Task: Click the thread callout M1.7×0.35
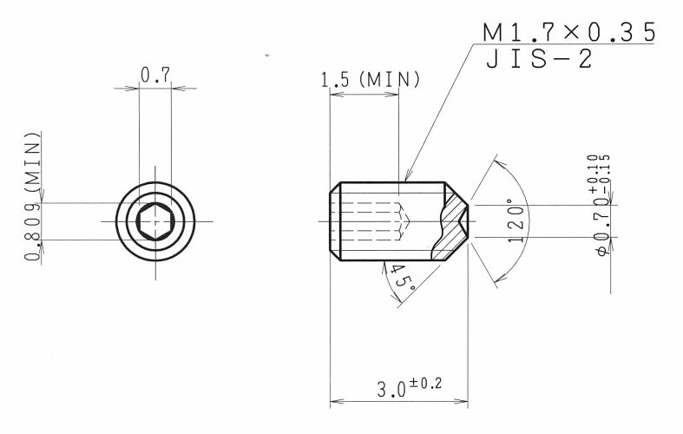pyautogui.click(x=568, y=32)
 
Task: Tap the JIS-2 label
pyautogui.click(x=539, y=59)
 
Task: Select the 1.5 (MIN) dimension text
pyautogui.click(x=371, y=80)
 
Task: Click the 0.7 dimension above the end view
pyautogui.click(x=155, y=75)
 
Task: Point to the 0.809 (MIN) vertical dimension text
pyautogui.click(x=32, y=196)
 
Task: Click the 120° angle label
pyautogui.click(x=516, y=220)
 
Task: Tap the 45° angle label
pyautogui.click(x=401, y=278)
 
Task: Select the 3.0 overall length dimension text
pyautogui.click(x=391, y=389)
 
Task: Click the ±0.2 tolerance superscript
pyautogui.click(x=425, y=384)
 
